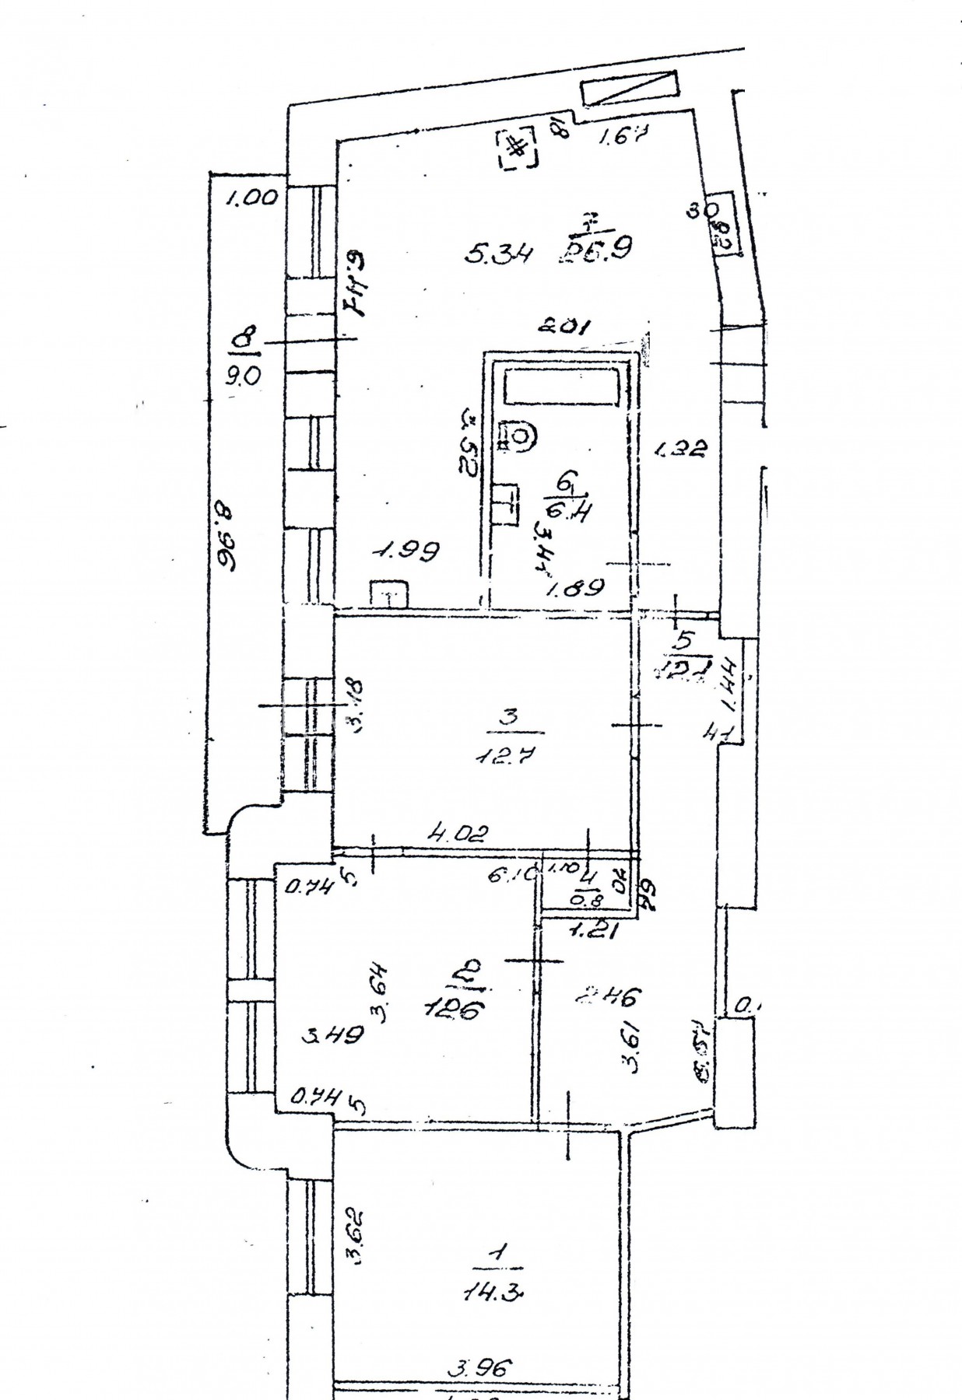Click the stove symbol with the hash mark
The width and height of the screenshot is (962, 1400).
[517, 148]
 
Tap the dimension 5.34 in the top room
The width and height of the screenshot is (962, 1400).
[499, 254]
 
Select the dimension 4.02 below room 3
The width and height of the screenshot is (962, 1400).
[459, 835]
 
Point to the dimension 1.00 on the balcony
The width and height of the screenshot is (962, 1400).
[251, 198]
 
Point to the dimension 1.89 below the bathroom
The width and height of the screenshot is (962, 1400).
[576, 589]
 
